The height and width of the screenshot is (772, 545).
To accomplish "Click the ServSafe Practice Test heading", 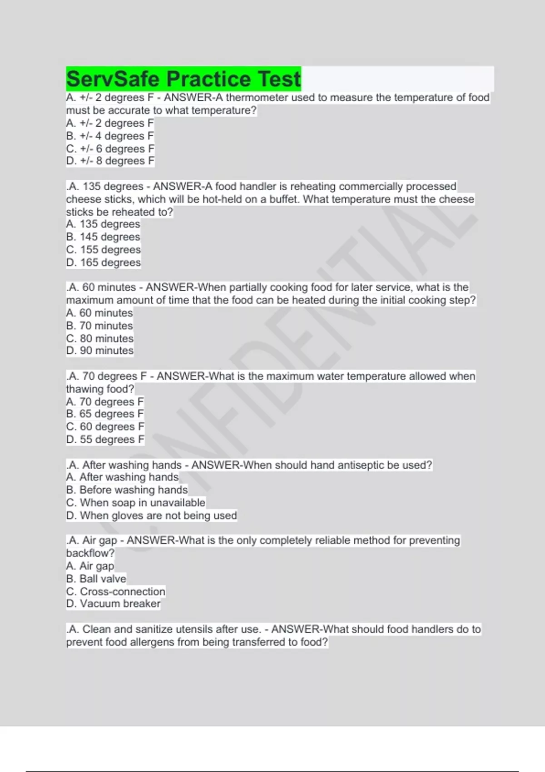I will tap(183, 79).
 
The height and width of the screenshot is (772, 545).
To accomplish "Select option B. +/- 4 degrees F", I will tap(110, 136).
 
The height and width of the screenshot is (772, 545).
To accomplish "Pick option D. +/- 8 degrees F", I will tap(110, 161).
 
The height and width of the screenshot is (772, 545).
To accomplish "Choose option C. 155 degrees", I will tap(104, 250).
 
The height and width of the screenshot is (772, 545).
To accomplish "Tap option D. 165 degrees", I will tap(104, 262).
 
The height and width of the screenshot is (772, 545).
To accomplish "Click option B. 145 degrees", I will tap(103, 237).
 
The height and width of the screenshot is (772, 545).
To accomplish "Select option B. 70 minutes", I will tap(99, 326).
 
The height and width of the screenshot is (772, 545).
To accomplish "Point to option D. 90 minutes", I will tap(100, 351).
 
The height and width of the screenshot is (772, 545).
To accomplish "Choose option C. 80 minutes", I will tap(100, 338).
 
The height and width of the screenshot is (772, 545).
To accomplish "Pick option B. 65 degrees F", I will tap(105, 414).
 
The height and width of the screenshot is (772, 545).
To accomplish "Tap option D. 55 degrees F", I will tap(105, 440).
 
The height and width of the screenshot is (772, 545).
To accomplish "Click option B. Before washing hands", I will tap(127, 490).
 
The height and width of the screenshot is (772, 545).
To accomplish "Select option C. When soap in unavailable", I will tap(136, 503).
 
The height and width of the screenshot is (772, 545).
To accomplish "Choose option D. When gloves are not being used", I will tap(151, 515).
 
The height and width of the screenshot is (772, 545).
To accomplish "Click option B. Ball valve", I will tap(96, 579).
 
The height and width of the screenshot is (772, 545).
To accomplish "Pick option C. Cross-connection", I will tap(116, 591).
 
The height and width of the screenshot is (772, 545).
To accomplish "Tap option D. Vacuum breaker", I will tap(113, 604).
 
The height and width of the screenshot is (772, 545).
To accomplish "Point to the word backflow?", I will tap(90, 553).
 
